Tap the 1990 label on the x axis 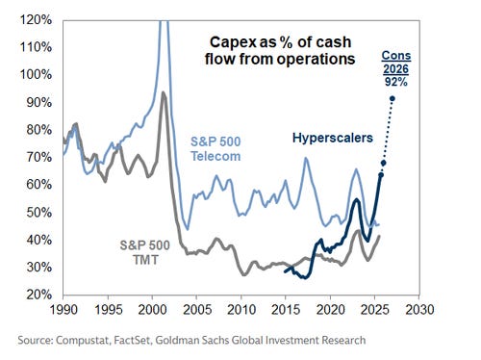click(x=64, y=314)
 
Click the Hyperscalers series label click(x=332, y=137)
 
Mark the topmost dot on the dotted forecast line click(x=393, y=98)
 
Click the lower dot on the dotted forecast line click(x=383, y=163)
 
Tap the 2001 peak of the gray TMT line click(x=164, y=92)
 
